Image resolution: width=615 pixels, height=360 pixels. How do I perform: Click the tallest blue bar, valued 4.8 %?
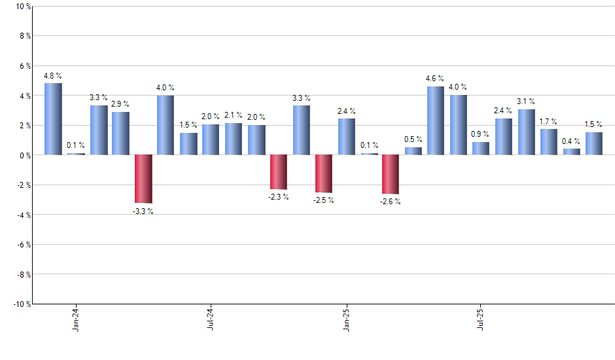pos(53,119)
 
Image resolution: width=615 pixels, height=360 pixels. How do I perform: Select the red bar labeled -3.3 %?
pos(143,179)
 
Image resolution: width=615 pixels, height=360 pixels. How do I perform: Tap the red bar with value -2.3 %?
pos(279,171)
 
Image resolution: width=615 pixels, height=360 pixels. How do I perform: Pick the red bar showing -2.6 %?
pos(391,174)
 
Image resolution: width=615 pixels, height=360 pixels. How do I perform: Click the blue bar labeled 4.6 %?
pos(436,120)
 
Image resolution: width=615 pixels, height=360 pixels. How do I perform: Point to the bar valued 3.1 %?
pos(526,132)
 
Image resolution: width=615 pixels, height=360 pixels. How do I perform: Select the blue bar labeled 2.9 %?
pos(120,133)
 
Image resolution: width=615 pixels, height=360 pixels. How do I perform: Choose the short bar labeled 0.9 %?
pos(481,148)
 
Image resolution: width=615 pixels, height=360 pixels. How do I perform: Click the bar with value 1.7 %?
pos(549,141)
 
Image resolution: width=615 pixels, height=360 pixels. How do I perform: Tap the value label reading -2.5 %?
pos(323,200)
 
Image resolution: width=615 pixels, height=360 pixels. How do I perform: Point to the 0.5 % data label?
pos(413,139)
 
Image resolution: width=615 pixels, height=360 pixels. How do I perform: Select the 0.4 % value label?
pos(571,141)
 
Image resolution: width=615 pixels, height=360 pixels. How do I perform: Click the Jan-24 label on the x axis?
pos(77,319)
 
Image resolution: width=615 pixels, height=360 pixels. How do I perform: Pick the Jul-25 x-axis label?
pos(481,319)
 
